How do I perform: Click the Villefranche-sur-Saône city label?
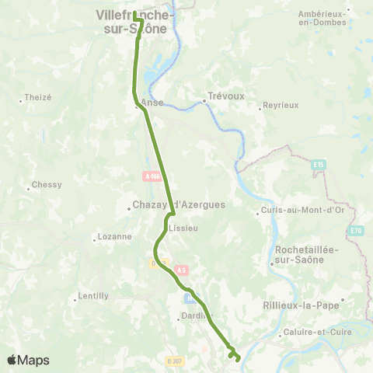coord(134,21)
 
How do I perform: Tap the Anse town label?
coord(152,101)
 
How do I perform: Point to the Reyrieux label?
coord(281,104)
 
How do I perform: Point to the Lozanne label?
coord(113,236)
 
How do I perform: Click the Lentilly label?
coord(93,296)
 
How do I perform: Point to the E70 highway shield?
coord(356,230)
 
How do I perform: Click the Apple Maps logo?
coord(28,360)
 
